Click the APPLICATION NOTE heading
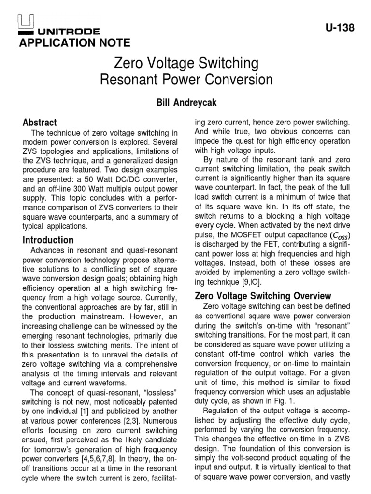pos(74,43)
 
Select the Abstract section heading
pos(40,122)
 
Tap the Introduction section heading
pos(48,240)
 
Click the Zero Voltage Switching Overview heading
pos(262,295)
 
